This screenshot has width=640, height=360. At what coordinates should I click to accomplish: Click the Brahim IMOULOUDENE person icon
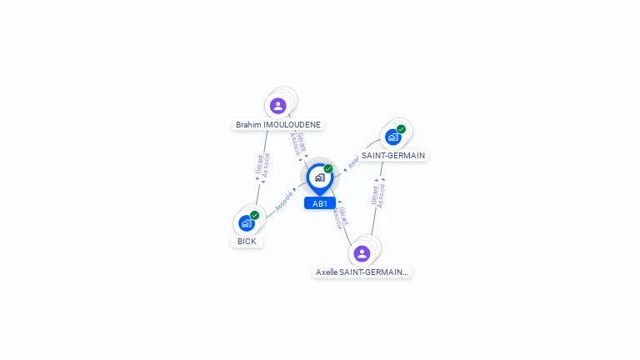(x=278, y=106)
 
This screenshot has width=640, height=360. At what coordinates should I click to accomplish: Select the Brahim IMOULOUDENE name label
(x=277, y=124)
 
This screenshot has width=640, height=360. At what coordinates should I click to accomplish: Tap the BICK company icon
(x=247, y=222)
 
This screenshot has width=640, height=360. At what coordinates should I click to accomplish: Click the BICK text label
(x=247, y=241)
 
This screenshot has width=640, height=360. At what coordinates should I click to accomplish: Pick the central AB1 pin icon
(x=319, y=177)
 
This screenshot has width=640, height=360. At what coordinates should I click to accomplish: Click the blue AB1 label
(x=320, y=203)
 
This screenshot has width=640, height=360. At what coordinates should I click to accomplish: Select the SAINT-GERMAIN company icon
(x=393, y=137)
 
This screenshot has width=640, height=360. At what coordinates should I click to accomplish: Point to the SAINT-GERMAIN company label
(x=393, y=155)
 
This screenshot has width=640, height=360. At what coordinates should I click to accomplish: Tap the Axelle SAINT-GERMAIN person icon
(x=362, y=253)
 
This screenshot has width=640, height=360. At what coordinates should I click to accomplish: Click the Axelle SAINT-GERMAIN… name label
(x=362, y=272)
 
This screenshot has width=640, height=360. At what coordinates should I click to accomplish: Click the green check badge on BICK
(x=255, y=215)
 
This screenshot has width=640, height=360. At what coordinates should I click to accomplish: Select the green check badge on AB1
(x=328, y=168)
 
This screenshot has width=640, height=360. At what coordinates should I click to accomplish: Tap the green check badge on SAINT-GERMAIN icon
(x=401, y=129)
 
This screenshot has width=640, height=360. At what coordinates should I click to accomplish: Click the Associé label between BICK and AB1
(x=283, y=201)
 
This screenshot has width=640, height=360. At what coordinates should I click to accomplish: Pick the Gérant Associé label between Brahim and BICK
(x=262, y=165)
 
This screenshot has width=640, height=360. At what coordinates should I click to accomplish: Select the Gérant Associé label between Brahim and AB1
(x=297, y=143)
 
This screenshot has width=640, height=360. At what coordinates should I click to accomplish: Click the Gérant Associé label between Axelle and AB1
(x=340, y=217)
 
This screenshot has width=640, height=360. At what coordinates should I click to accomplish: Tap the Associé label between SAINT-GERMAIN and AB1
(x=352, y=162)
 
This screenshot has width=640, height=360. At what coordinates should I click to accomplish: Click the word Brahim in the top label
(x=248, y=124)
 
